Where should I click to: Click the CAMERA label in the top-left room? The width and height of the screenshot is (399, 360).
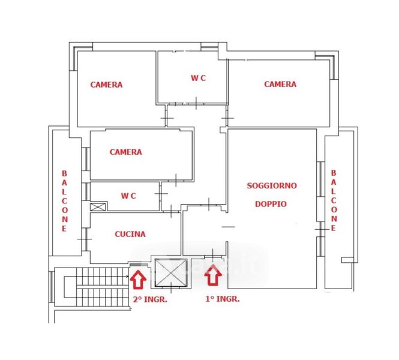[x=106, y=85]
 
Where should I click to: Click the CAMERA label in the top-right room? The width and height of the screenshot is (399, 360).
[x=280, y=84]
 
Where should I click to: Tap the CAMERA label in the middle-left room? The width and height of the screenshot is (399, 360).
[x=125, y=152]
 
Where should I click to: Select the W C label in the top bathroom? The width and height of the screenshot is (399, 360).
[x=199, y=79]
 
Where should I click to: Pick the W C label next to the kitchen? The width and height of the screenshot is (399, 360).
[x=128, y=196]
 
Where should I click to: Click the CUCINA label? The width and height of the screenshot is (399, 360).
[x=130, y=234]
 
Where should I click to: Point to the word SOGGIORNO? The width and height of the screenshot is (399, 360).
[x=272, y=186]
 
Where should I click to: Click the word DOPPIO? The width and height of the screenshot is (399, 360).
[x=271, y=203]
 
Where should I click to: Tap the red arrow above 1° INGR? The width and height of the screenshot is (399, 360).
[x=213, y=276]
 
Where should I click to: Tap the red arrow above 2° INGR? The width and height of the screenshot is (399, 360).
[x=138, y=278]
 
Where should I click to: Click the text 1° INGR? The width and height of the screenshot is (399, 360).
[x=222, y=298]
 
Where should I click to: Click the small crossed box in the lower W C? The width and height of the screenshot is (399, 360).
[x=97, y=206]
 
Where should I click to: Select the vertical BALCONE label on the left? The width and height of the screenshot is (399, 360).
[x=64, y=200]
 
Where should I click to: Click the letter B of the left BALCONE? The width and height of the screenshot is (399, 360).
[x=64, y=173]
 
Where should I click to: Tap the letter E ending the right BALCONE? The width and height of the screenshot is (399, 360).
[x=334, y=228]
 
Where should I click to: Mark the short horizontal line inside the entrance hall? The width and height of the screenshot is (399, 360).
[x=229, y=227]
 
